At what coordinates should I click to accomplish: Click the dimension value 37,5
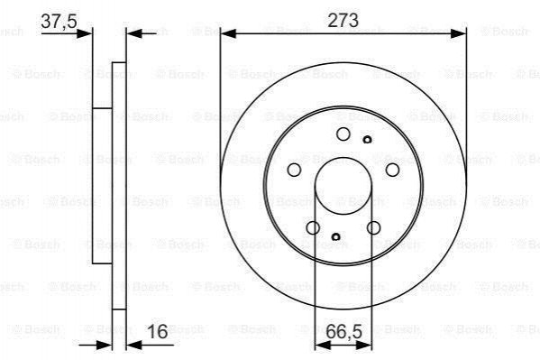(59, 22)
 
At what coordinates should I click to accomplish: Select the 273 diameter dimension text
(343, 20)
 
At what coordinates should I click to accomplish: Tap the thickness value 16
(158, 331)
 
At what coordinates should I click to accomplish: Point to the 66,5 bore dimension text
(344, 332)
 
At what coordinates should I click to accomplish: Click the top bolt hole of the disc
(343, 134)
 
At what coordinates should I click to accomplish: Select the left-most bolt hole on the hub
(294, 170)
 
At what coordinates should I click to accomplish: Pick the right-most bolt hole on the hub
(392, 170)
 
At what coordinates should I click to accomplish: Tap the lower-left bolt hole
(313, 227)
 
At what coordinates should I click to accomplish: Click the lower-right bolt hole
(373, 227)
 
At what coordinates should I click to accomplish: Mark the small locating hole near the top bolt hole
(368, 140)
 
